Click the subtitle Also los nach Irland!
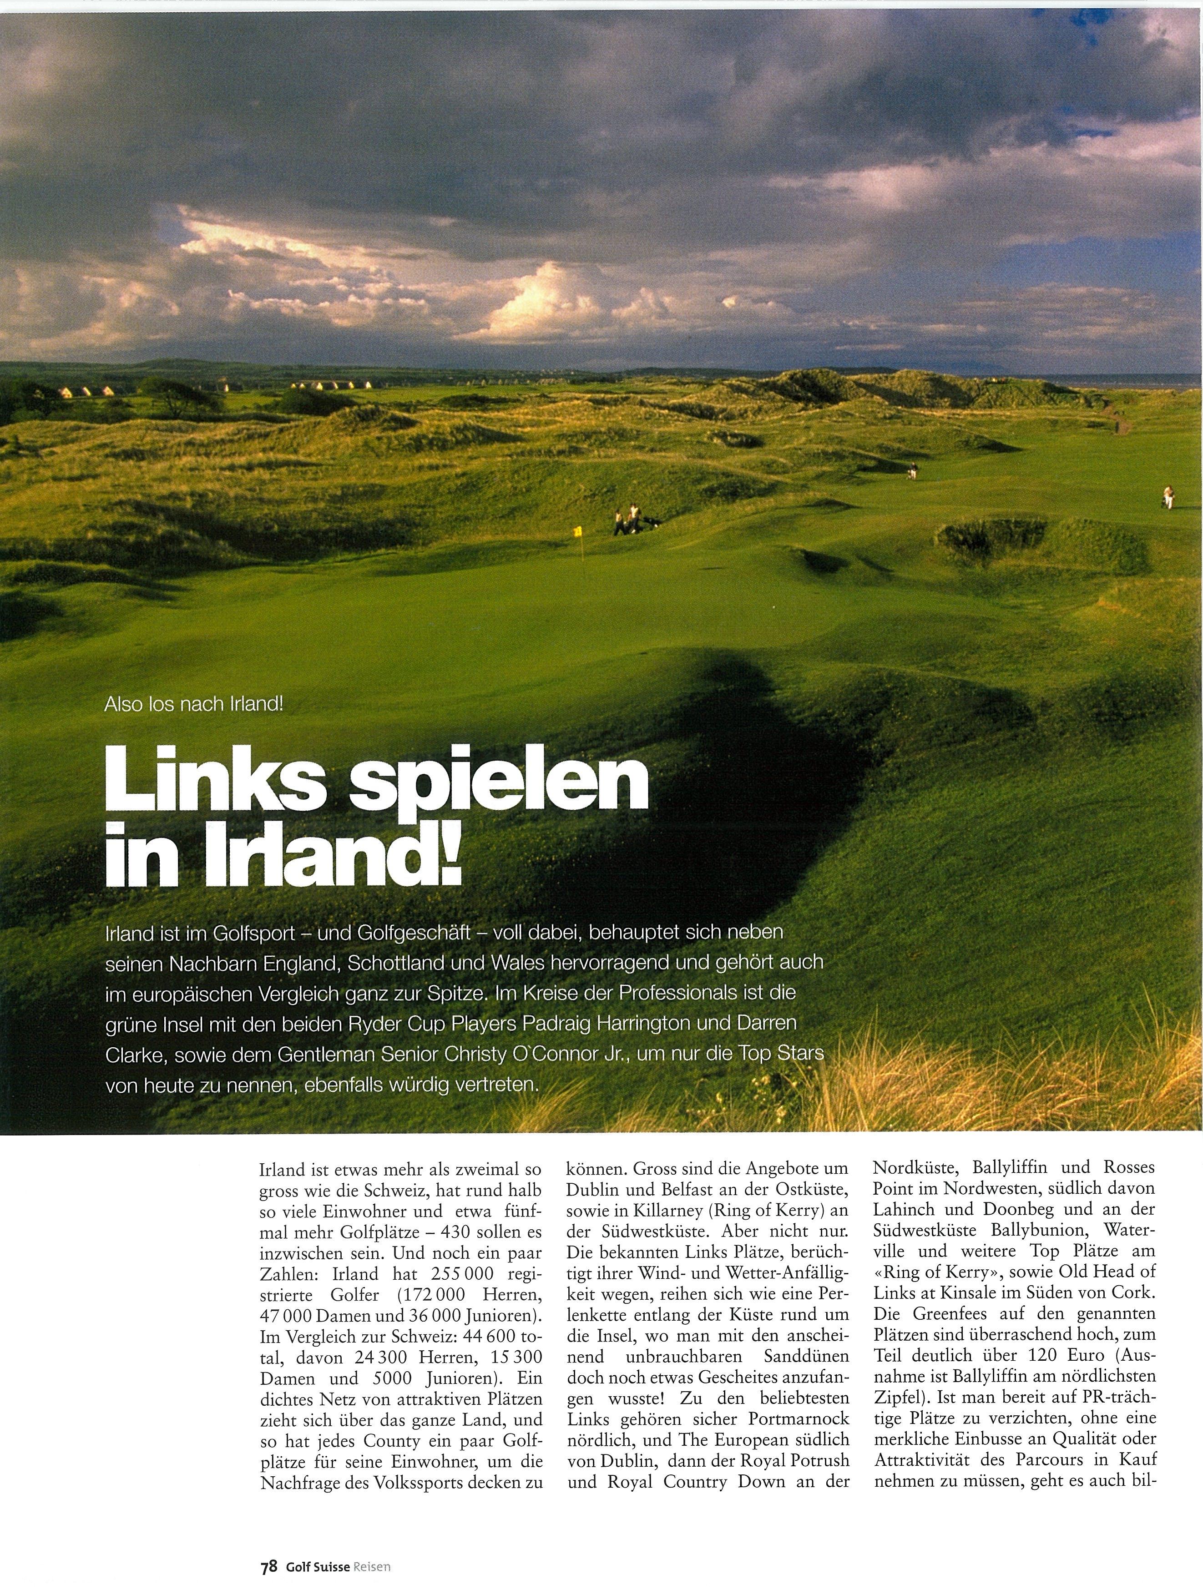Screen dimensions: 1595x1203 (194, 704)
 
